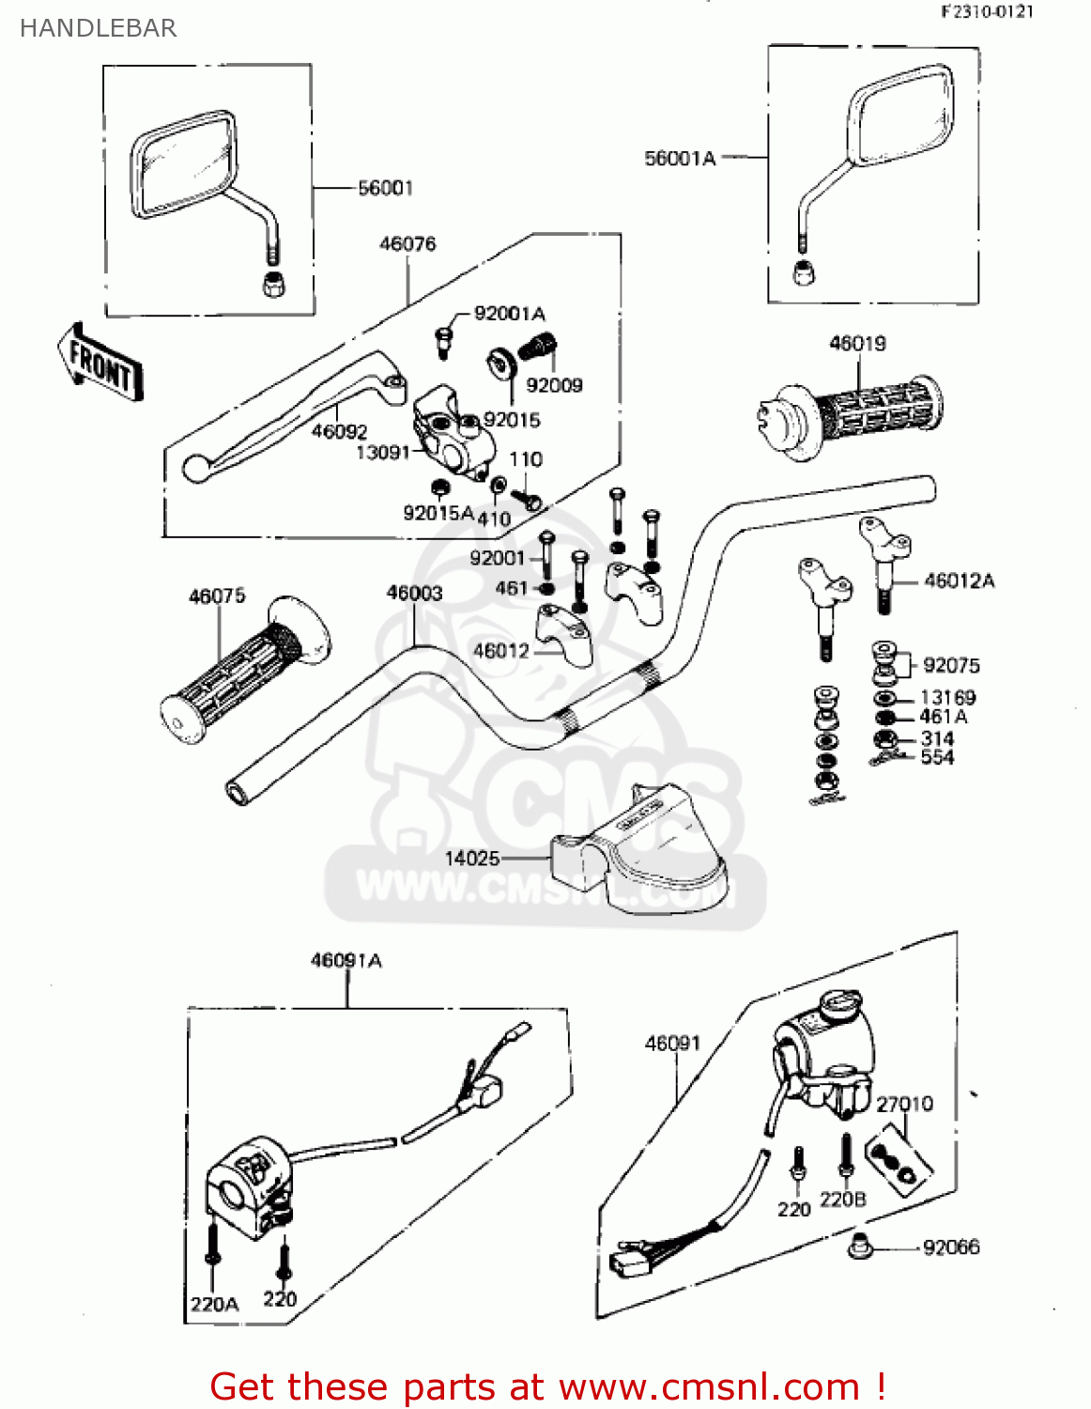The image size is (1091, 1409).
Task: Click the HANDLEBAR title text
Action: pos(98,28)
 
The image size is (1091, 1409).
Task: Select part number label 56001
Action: pos(385,188)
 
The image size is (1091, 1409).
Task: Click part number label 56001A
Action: pos(680,159)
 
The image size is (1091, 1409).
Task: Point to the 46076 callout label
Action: pos(407,244)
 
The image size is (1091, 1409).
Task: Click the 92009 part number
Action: pos(554,385)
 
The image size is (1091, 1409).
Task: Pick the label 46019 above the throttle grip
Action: pos(857,344)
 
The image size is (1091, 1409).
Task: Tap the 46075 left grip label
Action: pos(217,596)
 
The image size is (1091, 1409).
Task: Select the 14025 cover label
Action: pos(471,858)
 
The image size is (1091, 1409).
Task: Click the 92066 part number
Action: pos(951,1247)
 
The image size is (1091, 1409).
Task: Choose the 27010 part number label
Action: pos(904,1104)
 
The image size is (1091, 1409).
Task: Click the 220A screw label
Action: pos(214,1304)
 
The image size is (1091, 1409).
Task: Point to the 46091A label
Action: pos(346,960)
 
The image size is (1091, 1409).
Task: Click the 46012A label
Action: pos(959,581)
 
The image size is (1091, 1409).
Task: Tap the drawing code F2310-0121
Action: pos(987,11)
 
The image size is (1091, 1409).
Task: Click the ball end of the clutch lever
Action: pos(195,467)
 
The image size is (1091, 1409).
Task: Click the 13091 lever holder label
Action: pos(383,453)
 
